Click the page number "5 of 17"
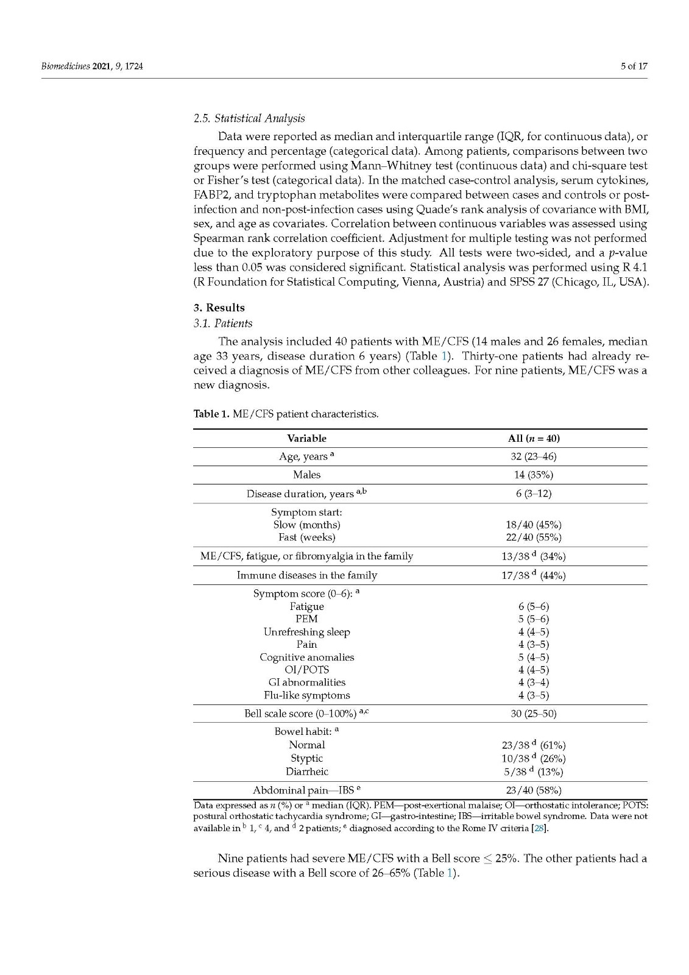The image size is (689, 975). tap(634, 66)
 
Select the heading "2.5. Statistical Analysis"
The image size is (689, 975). tap(249, 118)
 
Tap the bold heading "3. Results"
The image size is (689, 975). tap(219, 308)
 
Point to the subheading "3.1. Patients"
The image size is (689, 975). tap(222, 324)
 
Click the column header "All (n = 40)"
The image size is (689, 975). tap(534, 438)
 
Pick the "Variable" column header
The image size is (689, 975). tap(306, 438)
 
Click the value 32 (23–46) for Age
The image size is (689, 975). tap(534, 456)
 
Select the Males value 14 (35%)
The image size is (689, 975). tap(534, 475)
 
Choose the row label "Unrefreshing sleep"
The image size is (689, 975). tap(306, 632)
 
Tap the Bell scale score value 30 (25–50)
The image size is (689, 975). tap(534, 714)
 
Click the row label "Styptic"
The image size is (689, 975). tap(306, 758)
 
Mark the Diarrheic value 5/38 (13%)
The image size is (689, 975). tap(534, 771)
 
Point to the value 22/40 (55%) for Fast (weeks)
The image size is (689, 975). tap(534, 537)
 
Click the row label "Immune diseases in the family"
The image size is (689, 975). tap(306, 575)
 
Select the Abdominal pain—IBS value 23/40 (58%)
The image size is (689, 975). tap(534, 791)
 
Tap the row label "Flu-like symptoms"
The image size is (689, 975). tap(306, 695)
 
